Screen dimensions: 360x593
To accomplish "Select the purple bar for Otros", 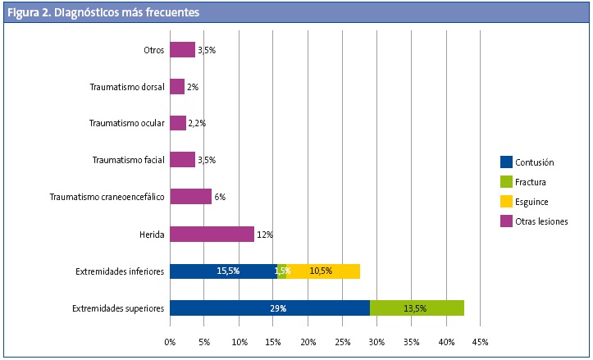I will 182,50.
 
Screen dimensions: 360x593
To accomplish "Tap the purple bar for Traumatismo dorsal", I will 177,86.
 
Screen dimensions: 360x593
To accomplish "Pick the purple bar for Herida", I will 212,235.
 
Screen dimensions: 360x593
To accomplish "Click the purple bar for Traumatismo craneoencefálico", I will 190,197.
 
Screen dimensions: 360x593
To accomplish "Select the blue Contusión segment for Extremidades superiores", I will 269,308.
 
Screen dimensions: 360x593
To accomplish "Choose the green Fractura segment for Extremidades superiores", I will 417,308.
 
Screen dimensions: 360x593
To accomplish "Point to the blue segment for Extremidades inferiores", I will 223,271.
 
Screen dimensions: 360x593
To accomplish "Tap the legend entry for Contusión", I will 534,162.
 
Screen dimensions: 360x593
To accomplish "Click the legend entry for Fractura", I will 531,182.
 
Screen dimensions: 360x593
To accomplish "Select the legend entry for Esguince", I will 531,202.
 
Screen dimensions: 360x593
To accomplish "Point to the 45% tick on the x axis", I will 481,341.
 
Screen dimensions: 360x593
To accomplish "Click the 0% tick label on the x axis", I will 170,341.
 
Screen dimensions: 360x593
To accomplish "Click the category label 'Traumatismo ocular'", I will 127,124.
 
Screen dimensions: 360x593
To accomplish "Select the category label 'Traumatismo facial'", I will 129,160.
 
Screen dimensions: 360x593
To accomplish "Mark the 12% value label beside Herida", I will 264,235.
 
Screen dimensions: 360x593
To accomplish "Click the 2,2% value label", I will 197,124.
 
